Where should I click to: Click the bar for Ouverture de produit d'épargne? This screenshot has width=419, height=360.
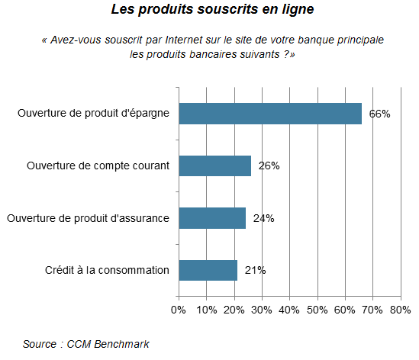(x=270, y=114)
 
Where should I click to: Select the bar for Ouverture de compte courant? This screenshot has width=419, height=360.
(x=215, y=166)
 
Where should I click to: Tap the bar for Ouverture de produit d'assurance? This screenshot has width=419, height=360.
(x=212, y=218)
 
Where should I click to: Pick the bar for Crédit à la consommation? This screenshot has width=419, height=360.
(x=208, y=270)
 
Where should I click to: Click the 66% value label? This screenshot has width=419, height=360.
(x=379, y=114)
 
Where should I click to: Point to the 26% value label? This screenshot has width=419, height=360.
(x=269, y=166)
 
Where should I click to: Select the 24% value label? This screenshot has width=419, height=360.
(x=264, y=218)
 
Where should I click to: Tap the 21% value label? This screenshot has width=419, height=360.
(x=255, y=270)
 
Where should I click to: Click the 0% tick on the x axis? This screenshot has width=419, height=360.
(x=179, y=310)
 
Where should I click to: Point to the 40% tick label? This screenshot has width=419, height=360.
(x=289, y=310)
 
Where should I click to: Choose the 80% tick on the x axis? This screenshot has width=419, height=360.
(x=400, y=310)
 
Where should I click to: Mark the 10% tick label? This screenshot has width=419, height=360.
(x=207, y=310)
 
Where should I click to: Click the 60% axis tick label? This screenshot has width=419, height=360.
(x=345, y=310)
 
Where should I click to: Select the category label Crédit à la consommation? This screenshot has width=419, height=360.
(x=107, y=270)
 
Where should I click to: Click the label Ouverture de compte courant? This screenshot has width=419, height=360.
(x=98, y=166)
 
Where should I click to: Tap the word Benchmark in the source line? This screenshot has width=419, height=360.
(x=121, y=344)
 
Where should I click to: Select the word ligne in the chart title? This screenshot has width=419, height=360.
(x=298, y=10)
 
